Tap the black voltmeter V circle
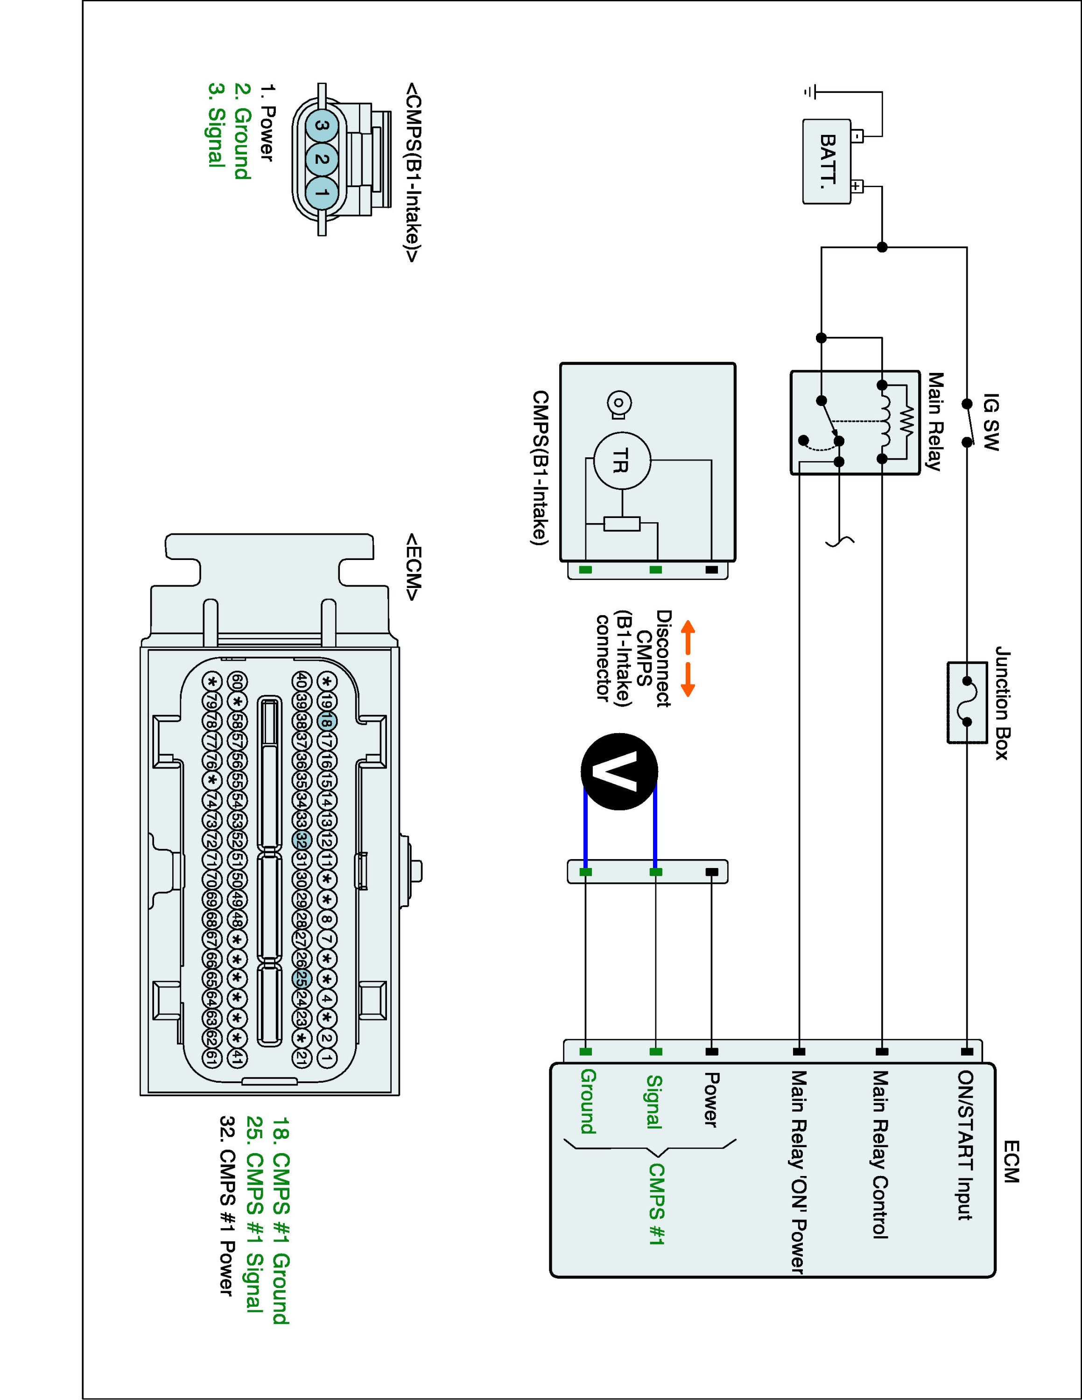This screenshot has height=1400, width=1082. (x=619, y=771)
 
